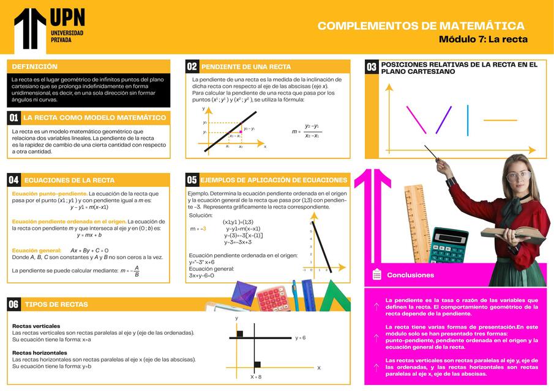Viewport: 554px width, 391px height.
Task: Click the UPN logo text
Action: click(x=67, y=18)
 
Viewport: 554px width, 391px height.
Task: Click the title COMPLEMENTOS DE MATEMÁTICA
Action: click(x=421, y=26)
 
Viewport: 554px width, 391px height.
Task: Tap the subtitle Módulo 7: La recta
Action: click(x=482, y=40)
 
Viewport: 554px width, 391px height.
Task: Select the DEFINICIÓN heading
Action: click(x=34, y=67)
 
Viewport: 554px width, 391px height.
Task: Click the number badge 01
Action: click(x=13, y=117)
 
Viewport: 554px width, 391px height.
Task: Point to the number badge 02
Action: click(x=192, y=67)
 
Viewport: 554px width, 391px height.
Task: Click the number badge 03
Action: click(x=372, y=67)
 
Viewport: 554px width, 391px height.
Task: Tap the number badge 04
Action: click(x=13, y=180)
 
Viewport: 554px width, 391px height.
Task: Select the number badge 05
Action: click(x=192, y=180)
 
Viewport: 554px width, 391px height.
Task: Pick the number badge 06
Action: click(x=13, y=304)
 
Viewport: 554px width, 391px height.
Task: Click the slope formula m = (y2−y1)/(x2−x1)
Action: click(x=306, y=131)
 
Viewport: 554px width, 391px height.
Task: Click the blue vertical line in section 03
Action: click(x=468, y=120)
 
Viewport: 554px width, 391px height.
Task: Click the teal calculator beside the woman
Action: click(x=449, y=245)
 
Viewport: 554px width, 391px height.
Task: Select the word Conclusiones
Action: click(x=410, y=276)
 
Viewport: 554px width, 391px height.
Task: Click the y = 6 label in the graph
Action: click(x=300, y=337)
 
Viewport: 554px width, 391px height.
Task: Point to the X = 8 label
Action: click(x=256, y=377)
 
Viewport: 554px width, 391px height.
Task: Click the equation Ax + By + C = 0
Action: click(x=89, y=250)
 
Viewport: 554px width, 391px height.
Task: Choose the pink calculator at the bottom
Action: click(x=271, y=298)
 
